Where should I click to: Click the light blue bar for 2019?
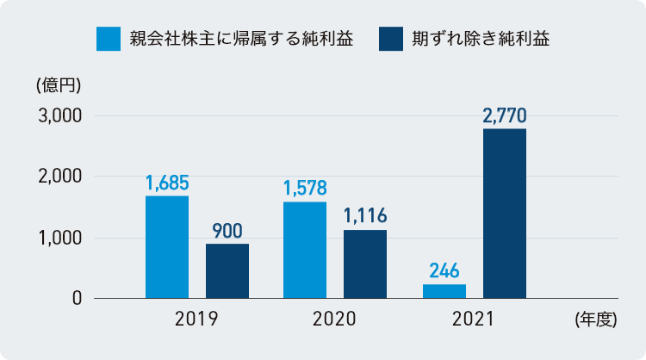click(167, 247)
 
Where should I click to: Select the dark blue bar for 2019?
click(227, 271)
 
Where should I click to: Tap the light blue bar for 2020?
click(305, 251)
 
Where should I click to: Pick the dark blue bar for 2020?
click(365, 264)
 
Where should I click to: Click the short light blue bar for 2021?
click(444, 291)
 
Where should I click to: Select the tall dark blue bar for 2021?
click(505, 214)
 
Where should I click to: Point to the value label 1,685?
click(167, 183)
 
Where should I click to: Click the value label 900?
click(227, 231)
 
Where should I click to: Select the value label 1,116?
click(365, 216)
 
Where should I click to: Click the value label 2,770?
click(505, 115)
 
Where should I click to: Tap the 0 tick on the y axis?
click(76, 299)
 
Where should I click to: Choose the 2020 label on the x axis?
click(335, 320)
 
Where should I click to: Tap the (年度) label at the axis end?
click(594, 320)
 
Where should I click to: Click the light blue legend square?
click(109, 39)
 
